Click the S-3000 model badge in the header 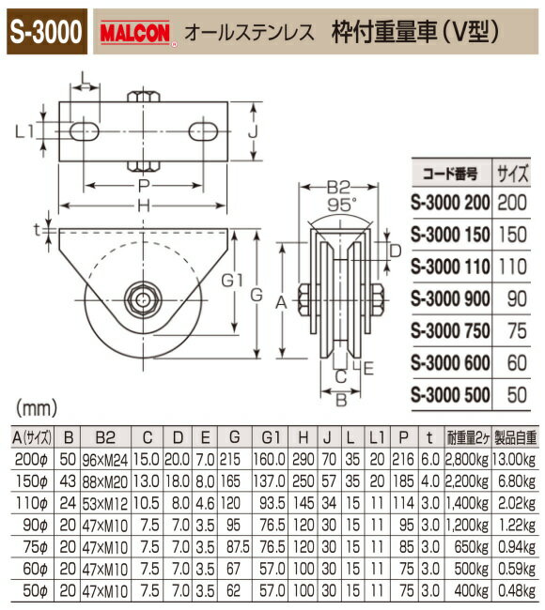point(46,29)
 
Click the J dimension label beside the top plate point(254,133)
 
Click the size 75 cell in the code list point(517,329)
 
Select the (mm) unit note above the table point(34,410)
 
